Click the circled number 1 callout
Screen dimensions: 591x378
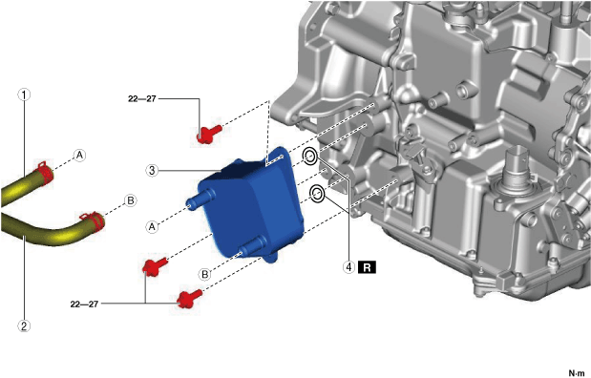pos(24,94)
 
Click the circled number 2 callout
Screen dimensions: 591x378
pos(24,325)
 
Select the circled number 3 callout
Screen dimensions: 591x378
pos(152,170)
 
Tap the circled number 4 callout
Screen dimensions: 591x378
pos(349,267)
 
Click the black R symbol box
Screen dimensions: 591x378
pos(368,267)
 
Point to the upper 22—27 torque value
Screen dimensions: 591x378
pos(141,98)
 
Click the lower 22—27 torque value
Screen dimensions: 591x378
pos(84,304)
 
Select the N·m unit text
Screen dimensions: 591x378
pos(577,373)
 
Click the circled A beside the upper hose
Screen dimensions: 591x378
pos(79,155)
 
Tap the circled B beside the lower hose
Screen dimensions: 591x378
pos(131,200)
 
